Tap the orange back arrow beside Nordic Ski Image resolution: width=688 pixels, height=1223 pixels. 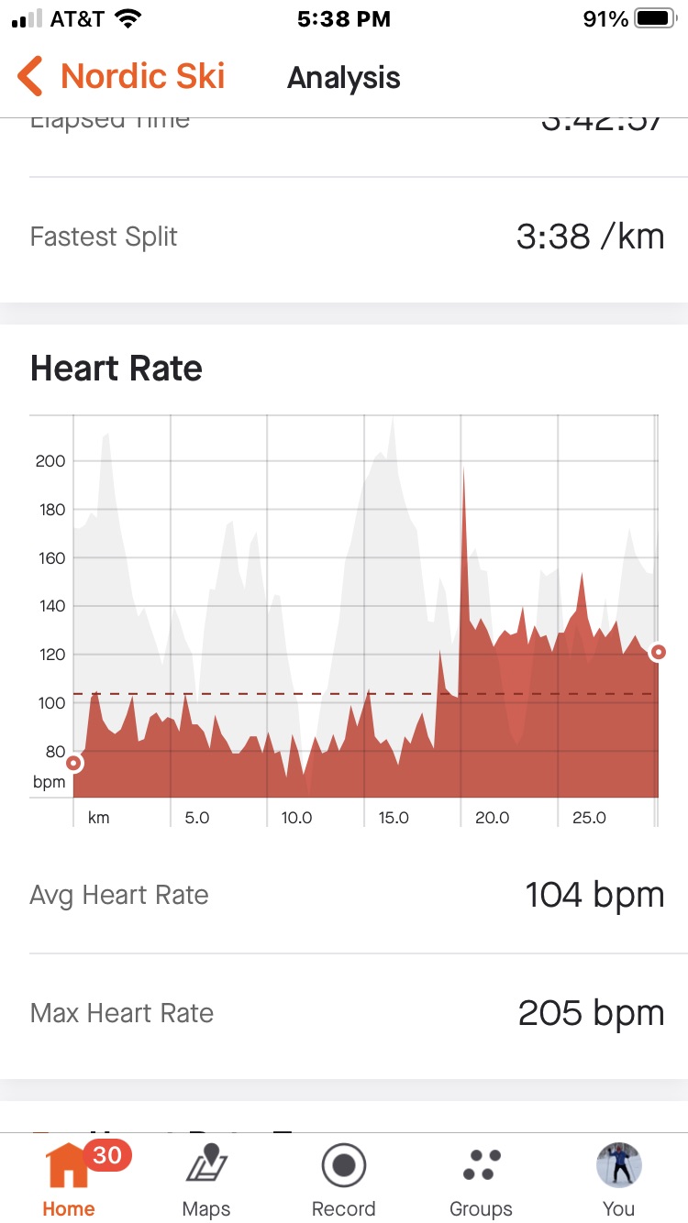click(30, 76)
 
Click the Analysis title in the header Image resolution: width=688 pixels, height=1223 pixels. click(344, 78)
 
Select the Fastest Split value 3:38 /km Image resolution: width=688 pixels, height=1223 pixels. click(590, 237)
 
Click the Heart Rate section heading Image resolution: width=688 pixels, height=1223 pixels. click(117, 369)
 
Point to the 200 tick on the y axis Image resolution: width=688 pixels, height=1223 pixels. click(50, 461)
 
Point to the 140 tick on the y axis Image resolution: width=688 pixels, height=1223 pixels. click(50, 606)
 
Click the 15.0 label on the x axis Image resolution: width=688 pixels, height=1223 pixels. click(394, 818)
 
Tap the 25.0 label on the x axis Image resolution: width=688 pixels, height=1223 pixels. click(589, 818)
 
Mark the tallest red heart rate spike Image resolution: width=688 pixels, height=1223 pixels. click(464, 472)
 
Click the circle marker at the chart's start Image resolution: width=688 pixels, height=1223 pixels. click(73, 763)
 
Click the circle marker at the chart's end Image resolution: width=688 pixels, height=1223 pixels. click(658, 653)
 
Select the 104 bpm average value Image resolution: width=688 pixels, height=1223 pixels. click(594, 895)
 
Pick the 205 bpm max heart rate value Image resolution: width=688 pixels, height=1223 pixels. click(591, 1013)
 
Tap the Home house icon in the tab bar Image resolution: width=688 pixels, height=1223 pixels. click(69, 1167)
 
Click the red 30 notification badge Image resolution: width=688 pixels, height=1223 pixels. click(107, 1155)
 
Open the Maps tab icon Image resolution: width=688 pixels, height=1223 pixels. click(206, 1167)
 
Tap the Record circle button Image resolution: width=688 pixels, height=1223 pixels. click(344, 1166)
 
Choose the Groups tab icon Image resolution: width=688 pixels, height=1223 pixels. click(482, 1166)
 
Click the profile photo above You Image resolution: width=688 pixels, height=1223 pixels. click(618, 1165)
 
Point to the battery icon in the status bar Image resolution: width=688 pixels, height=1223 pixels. click(655, 19)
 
